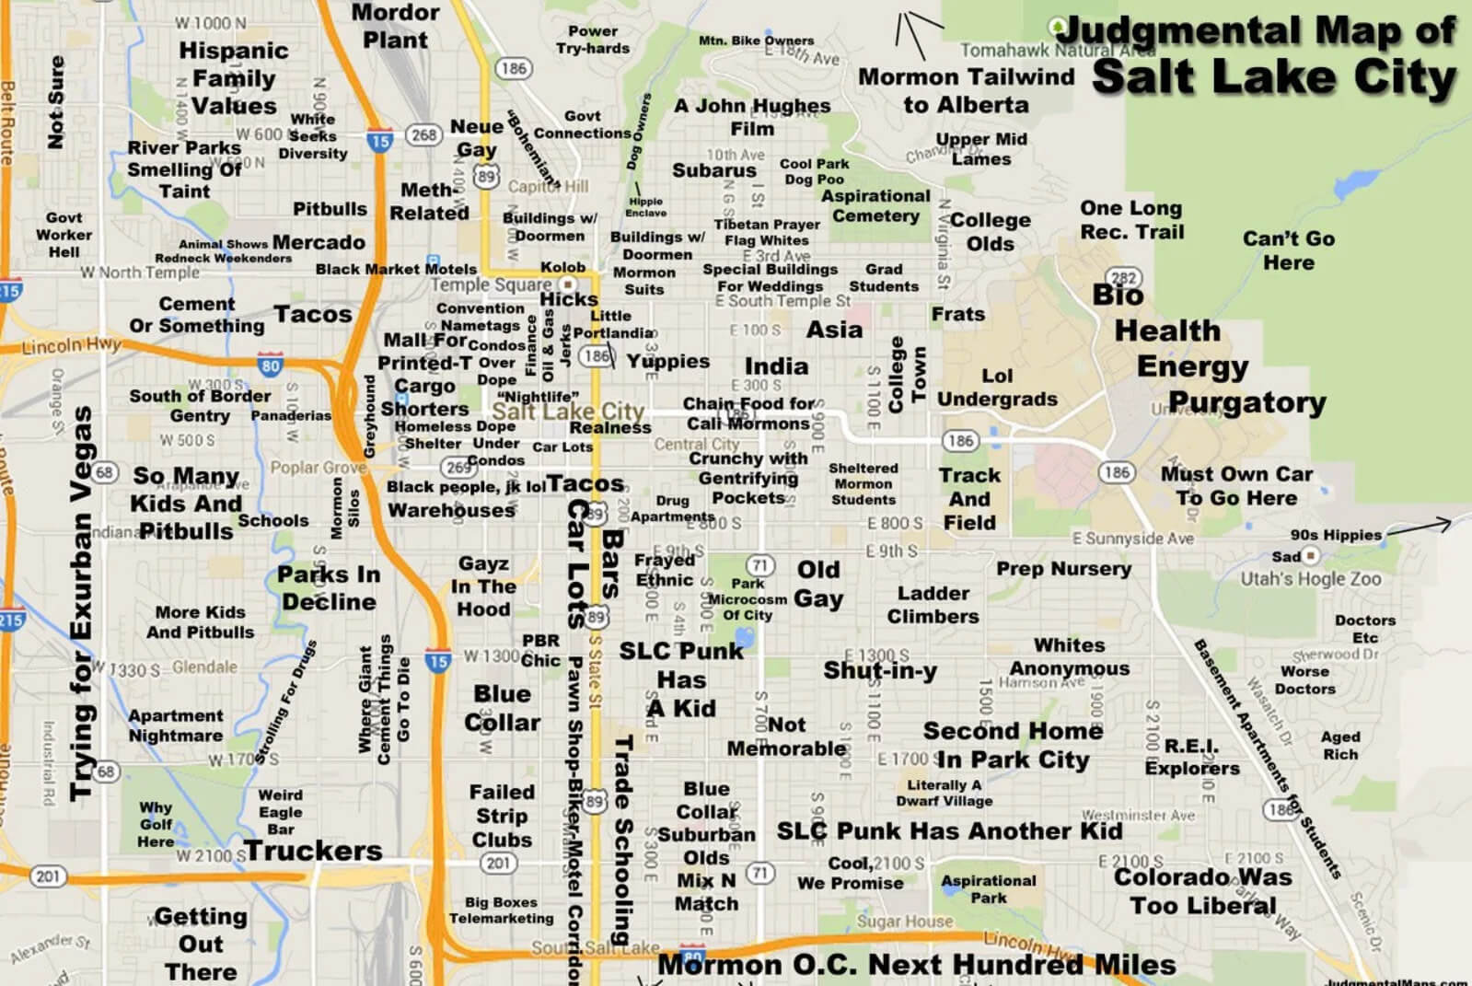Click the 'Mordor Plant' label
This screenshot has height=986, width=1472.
click(x=395, y=27)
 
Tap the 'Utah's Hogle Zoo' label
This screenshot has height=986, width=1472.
click(x=1310, y=579)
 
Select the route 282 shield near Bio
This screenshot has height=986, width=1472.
click(x=1124, y=279)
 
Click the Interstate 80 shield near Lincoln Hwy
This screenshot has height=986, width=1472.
click(x=270, y=365)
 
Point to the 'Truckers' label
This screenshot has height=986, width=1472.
click(x=313, y=851)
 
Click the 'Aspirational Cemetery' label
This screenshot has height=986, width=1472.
click(x=875, y=206)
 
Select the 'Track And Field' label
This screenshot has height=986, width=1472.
click(x=968, y=499)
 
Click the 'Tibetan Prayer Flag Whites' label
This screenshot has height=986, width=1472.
click(x=767, y=232)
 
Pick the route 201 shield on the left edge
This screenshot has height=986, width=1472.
click(x=47, y=876)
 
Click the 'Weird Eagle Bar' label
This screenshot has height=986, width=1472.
click(x=280, y=812)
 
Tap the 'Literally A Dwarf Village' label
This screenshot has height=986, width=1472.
click(x=944, y=793)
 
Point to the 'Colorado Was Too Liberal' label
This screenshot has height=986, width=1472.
click(x=1202, y=891)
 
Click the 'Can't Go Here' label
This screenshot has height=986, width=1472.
click(x=1288, y=250)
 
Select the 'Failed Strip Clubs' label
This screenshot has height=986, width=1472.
click(x=502, y=816)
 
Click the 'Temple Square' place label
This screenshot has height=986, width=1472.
click(x=492, y=285)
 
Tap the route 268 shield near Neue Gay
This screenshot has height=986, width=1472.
click(x=423, y=135)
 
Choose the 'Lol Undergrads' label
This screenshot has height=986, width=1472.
click(x=997, y=388)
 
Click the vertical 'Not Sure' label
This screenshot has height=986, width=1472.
click(x=56, y=102)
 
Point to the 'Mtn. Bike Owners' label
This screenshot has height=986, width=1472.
click(x=756, y=41)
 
